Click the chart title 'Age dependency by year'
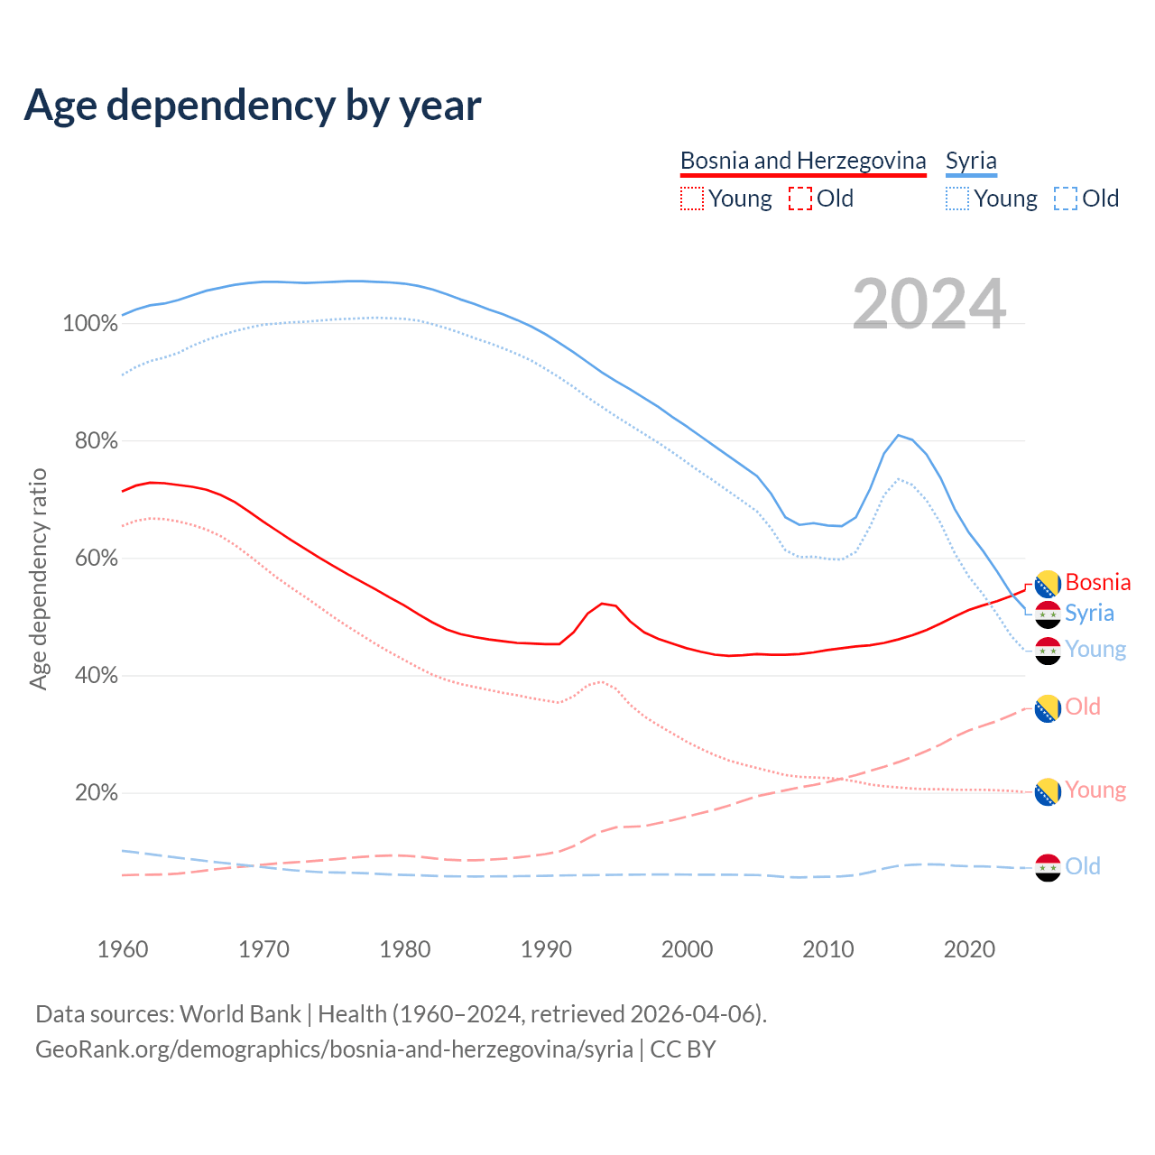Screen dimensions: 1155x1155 coord(253,106)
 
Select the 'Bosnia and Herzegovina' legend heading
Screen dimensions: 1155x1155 coord(803,161)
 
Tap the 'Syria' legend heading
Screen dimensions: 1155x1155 coord(971,161)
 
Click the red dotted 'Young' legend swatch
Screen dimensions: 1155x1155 coord(692,199)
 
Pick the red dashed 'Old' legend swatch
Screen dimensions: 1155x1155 coord(800,199)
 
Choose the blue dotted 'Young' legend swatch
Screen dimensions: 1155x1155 coord(957,199)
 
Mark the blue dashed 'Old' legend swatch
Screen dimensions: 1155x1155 coord(1066,199)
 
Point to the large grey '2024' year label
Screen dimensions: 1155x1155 coord(929,305)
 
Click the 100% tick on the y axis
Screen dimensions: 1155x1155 coord(90,324)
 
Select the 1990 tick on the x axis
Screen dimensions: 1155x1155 coord(546,949)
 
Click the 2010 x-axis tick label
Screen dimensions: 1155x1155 coord(828,949)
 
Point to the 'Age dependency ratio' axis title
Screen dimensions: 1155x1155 coord(38,578)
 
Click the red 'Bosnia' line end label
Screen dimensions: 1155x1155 coord(1097,582)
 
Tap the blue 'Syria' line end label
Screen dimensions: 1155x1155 coord(1089,614)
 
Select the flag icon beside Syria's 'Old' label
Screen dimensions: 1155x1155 coord(1048,867)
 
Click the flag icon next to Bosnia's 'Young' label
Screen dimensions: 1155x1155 coord(1048,791)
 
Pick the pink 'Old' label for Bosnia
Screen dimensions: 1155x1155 coord(1083,707)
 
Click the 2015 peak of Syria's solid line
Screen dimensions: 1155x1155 coord(899,435)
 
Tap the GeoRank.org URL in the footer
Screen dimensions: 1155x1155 coord(334,1049)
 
